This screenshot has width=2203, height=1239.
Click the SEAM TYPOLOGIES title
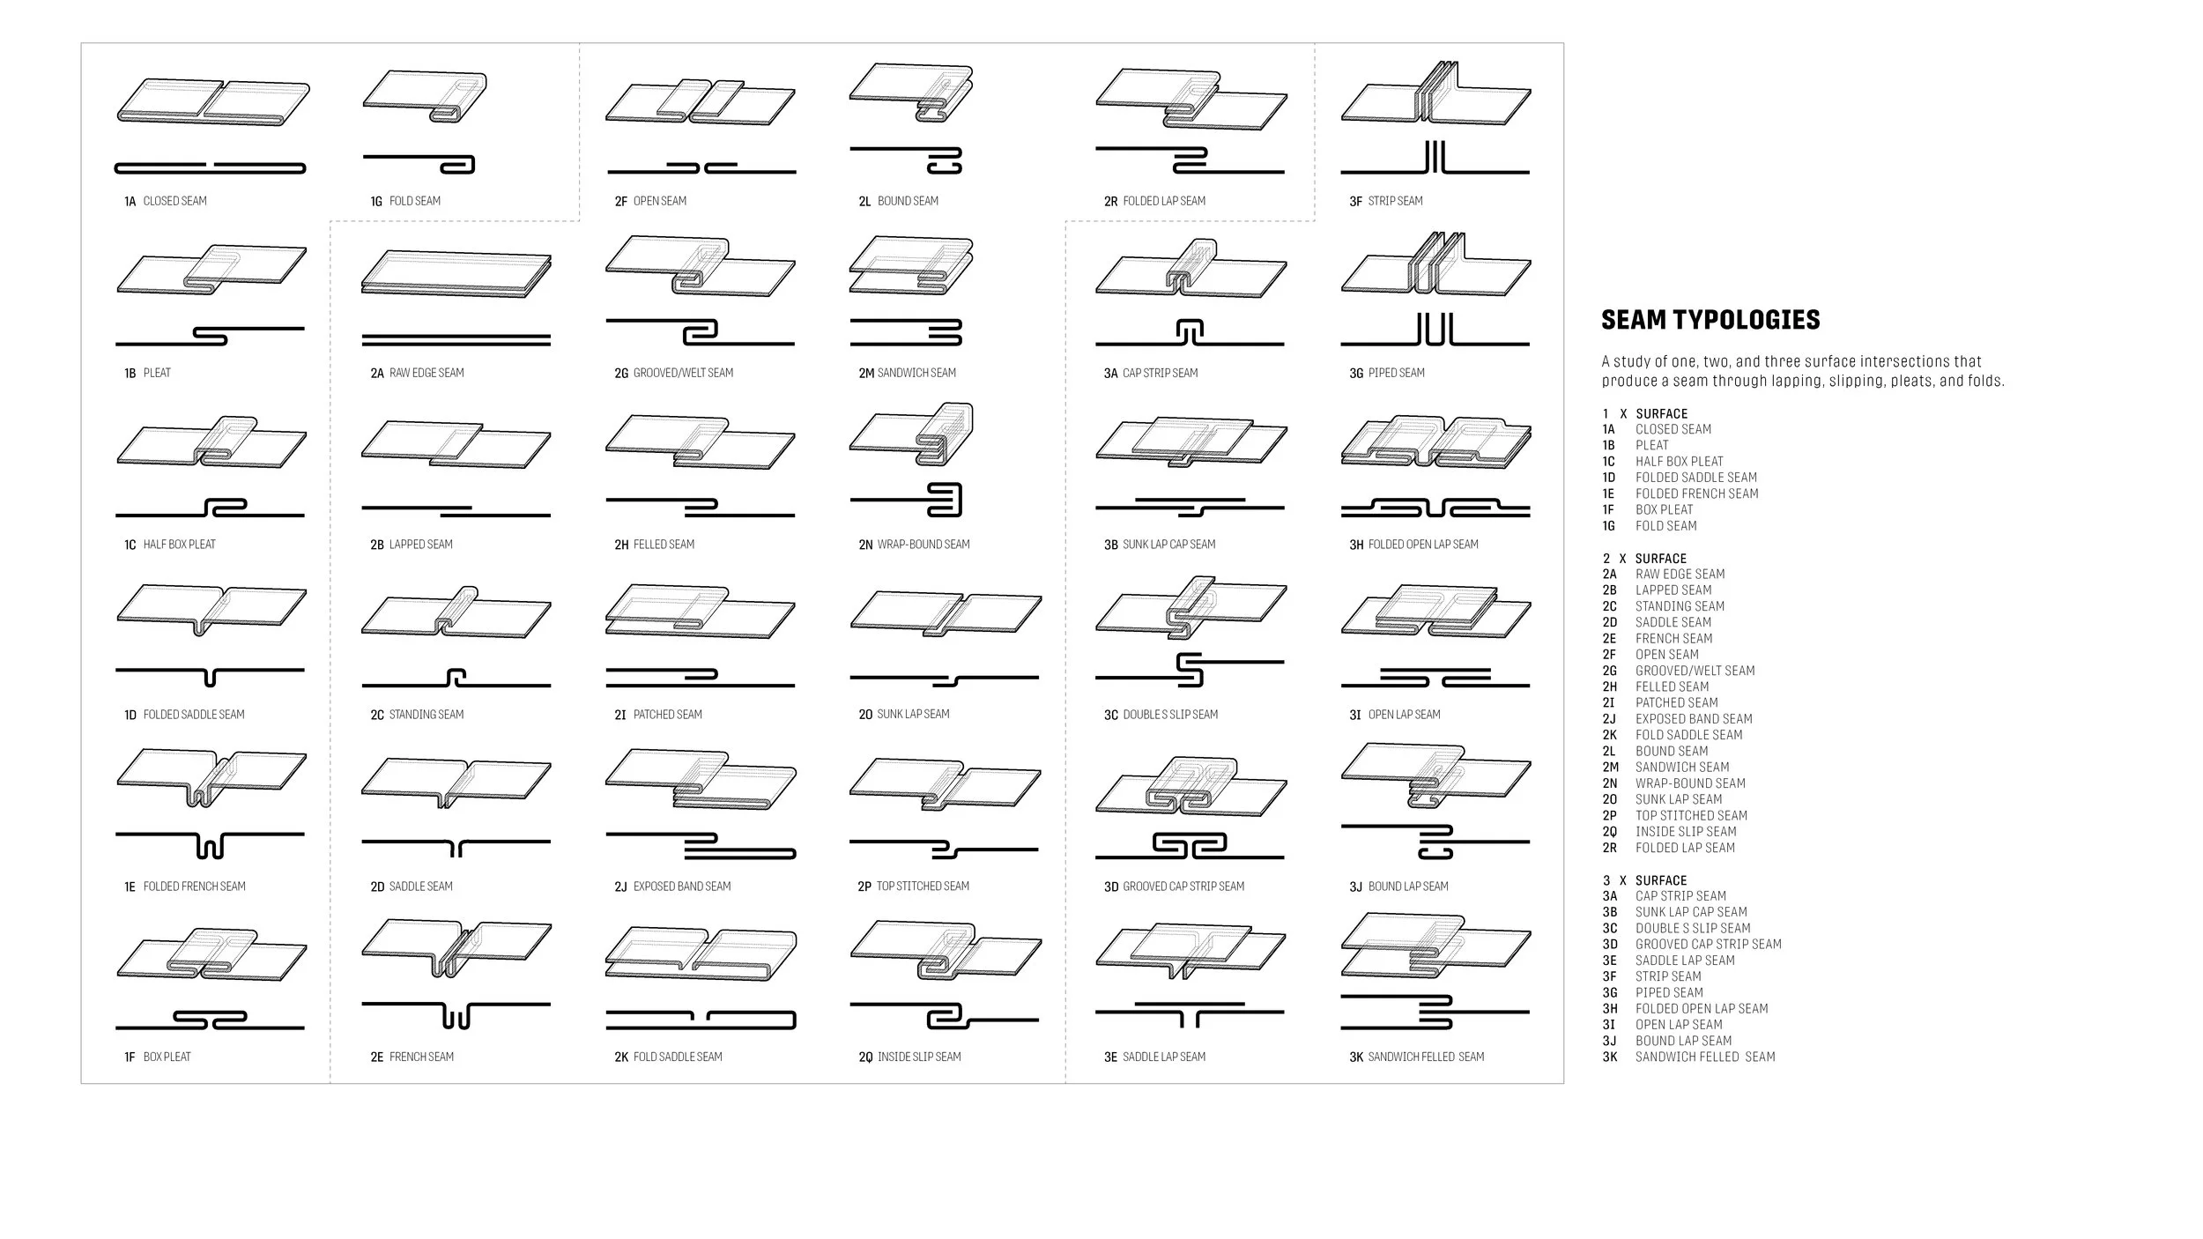[1710, 320]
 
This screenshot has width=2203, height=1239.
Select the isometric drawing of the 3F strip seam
[1435, 96]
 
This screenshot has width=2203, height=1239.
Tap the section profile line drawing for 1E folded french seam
[210, 842]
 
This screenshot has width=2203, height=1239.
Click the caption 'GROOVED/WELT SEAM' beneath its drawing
[683, 374]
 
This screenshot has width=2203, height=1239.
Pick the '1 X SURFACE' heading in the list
[1644, 414]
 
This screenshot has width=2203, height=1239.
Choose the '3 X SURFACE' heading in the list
[1644, 880]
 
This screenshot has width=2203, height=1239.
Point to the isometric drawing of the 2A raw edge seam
[456, 273]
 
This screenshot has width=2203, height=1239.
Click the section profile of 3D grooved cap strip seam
[1190, 847]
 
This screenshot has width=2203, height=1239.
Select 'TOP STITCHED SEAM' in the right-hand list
[1691, 816]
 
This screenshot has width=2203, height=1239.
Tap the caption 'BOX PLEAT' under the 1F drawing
[167, 1057]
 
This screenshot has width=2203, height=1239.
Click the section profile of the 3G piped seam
[1435, 331]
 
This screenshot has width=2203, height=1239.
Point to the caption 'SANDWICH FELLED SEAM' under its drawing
[1426, 1057]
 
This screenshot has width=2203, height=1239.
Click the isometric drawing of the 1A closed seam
[212, 101]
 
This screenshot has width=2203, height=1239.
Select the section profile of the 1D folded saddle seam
[210, 675]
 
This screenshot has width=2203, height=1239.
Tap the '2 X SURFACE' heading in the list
[1644, 559]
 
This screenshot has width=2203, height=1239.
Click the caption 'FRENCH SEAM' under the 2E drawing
[421, 1057]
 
